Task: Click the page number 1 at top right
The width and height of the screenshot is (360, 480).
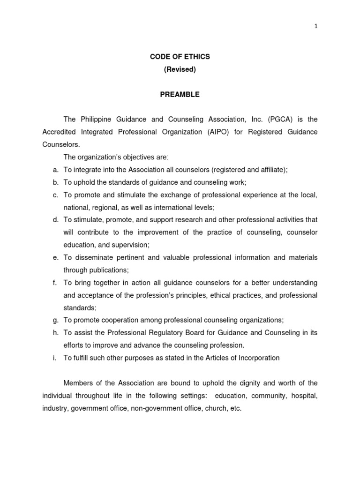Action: pyautogui.click(x=316, y=26)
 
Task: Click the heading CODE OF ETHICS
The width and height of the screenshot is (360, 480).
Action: pyautogui.click(x=180, y=57)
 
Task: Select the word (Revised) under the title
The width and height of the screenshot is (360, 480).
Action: pyautogui.click(x=180, y=69)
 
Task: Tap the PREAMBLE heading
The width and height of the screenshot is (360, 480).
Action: pyautogui.click(x=180, y=95)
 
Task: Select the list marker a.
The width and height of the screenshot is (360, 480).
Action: pyautogui.click(x=55, y=170)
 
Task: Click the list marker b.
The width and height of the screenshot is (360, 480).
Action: pyautogui.click(x=55, y=182)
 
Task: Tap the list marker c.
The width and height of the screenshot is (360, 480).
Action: pyautogui.click(x=55, y=195)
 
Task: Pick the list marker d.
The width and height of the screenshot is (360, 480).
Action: pyautogui.click(x=55, y=219)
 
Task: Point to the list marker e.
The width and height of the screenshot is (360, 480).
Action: pyautogui.click(x=55, y=257)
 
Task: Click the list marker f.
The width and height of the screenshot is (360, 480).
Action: pyautogui.click(x=55, y=283)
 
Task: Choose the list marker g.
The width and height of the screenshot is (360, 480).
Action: pyautogui.click(x=55, y=320)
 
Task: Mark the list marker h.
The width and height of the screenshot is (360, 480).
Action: pyautogui.click(x=55, y=333)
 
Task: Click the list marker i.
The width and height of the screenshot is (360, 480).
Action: pyautogui.click(x=55, y=358)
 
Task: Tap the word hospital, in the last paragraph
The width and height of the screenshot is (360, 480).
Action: pyautogui.click(x=304, y=396)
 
